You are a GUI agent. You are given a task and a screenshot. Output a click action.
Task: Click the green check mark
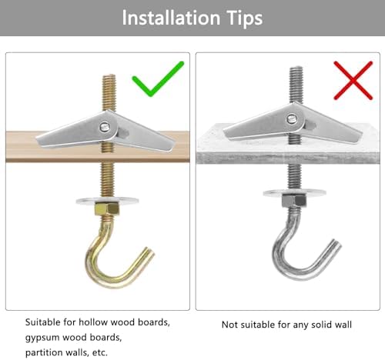tap(152, 87)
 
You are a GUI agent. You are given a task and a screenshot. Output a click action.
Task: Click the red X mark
tap(353, 80)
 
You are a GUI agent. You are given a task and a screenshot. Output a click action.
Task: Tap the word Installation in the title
tap(171, 18)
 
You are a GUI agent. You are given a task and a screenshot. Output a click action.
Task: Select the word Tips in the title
tap(245, 18)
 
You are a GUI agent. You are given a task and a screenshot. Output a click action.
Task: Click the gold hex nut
tap(107, 208)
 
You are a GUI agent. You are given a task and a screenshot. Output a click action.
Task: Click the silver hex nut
tap(294, 201)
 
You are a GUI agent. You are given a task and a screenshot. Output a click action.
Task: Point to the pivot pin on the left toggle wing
tap(105, 127)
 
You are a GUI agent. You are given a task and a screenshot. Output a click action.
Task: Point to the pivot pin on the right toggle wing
tap(292, 118)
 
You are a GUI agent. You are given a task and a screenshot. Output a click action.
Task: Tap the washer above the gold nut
tap(107, 200)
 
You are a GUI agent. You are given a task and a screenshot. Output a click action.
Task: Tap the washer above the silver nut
tap(294, 192)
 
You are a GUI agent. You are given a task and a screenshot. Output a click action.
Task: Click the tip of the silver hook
tap(336, 243)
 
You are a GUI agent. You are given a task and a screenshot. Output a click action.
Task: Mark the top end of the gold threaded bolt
tap(109, 75)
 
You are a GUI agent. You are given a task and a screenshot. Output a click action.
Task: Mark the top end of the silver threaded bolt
tap(296, 68)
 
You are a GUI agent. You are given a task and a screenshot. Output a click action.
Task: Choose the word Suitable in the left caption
tap(43, 322)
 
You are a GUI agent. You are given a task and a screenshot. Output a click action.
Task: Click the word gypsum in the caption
tap(42, 338)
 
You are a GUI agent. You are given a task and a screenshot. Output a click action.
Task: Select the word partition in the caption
tap(44, 353)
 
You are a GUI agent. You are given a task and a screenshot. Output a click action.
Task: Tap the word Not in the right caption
tap(229, 325)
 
